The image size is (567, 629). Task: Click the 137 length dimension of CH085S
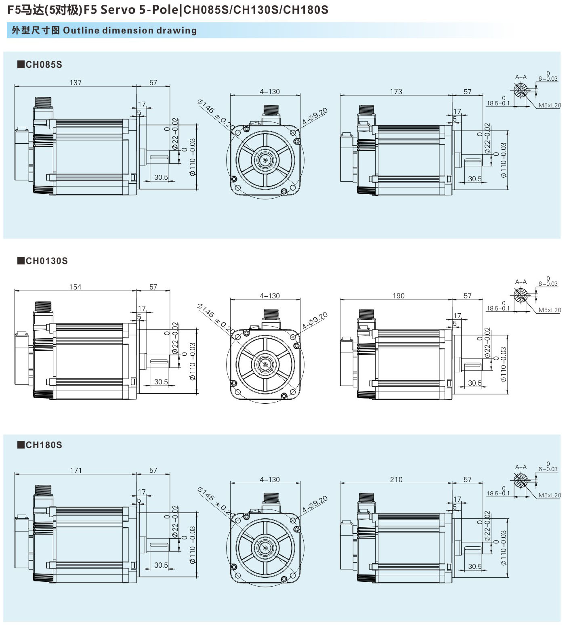[76, 83]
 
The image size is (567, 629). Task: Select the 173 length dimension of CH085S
[396, 92]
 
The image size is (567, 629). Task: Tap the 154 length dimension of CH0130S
[75, 287]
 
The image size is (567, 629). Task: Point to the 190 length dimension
[398, 296]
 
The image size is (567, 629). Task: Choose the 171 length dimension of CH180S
[76, 470]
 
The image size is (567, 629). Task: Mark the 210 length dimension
[396, 480]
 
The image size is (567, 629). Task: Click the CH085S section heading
[40, 65]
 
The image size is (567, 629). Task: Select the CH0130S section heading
[42, 261]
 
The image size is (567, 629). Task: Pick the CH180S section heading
[40, 445]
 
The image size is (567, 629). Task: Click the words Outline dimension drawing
[130, 31]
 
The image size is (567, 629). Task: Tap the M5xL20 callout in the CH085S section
[549, 105]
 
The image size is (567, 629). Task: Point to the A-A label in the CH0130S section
[521, 282]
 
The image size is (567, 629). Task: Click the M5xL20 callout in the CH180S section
[549, 495]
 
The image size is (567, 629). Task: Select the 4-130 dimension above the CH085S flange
[269, 92]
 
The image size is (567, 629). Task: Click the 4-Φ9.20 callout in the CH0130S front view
[315, 321]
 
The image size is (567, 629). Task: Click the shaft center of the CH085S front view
[265, 160]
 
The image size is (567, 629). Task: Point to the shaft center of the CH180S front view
[265, 548]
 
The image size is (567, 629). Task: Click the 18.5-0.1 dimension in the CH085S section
[498, 103]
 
